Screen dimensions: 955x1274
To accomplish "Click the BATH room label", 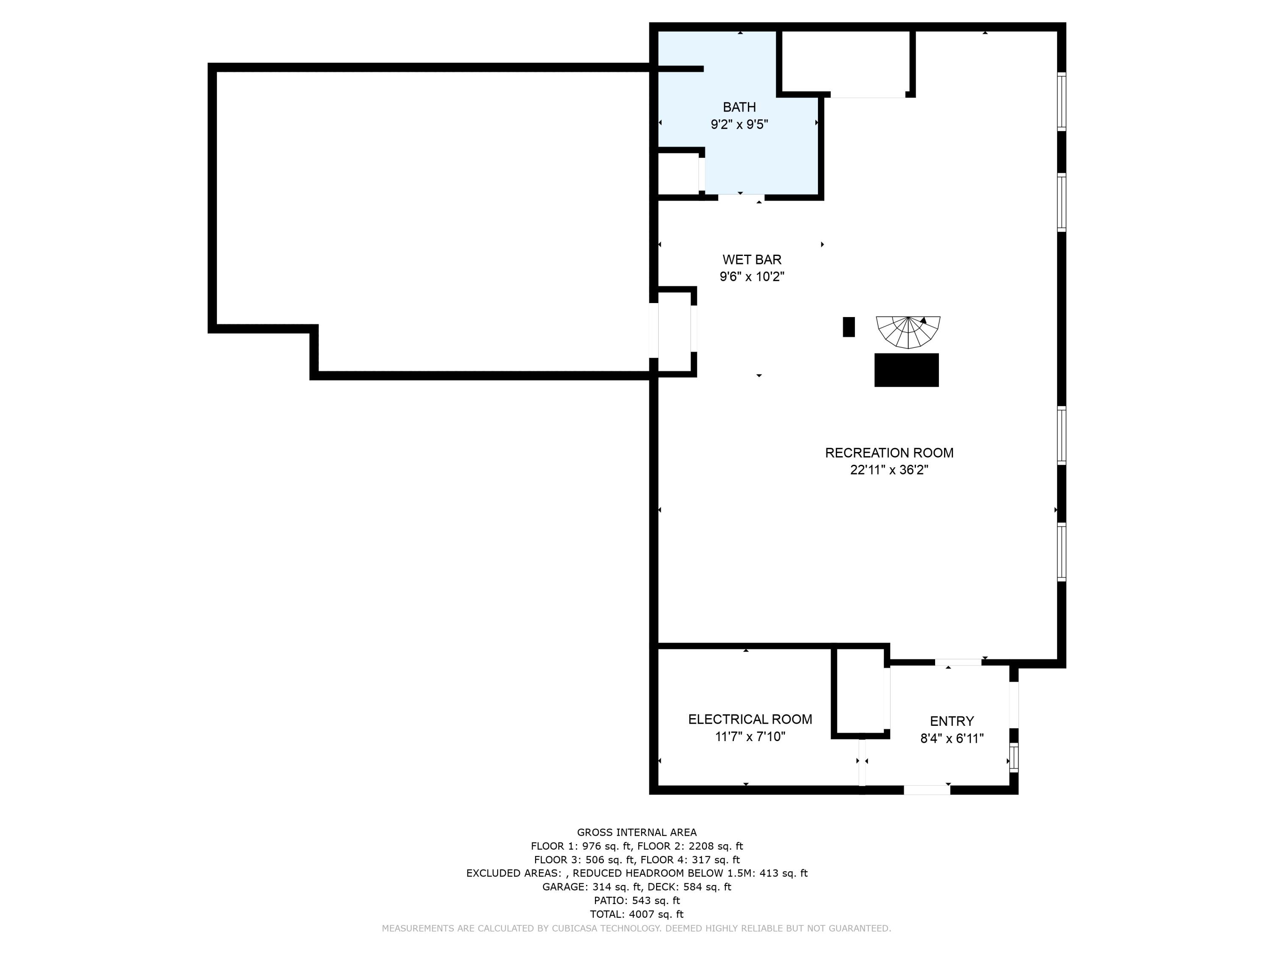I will coord(739,107).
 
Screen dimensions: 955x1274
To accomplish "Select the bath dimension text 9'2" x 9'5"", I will coord(739,124).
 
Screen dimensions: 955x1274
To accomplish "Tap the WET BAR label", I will coord(752,260).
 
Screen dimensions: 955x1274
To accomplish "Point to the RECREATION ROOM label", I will coord(889,453).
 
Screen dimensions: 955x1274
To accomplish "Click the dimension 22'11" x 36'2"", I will coord(889,470).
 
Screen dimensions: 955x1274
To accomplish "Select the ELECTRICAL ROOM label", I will coord(750,719).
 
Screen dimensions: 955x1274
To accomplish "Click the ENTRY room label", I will coord(952,721).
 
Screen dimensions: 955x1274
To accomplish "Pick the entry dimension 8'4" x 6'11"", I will coord(952,739).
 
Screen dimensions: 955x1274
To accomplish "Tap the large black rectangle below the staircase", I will coord(906,370).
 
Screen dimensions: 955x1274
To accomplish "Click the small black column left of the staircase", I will coord(848,327).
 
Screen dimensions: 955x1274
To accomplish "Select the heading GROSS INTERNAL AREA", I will coord(637,832).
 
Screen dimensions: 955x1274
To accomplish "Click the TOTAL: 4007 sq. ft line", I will coord(637,914).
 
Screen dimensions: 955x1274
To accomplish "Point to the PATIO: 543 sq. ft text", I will coord(637,900).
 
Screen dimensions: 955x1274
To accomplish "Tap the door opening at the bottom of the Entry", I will coord(926,790).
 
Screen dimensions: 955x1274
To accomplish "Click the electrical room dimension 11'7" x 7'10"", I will coord(750,737).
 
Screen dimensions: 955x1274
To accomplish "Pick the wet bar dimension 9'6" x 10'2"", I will coord(752,277).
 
